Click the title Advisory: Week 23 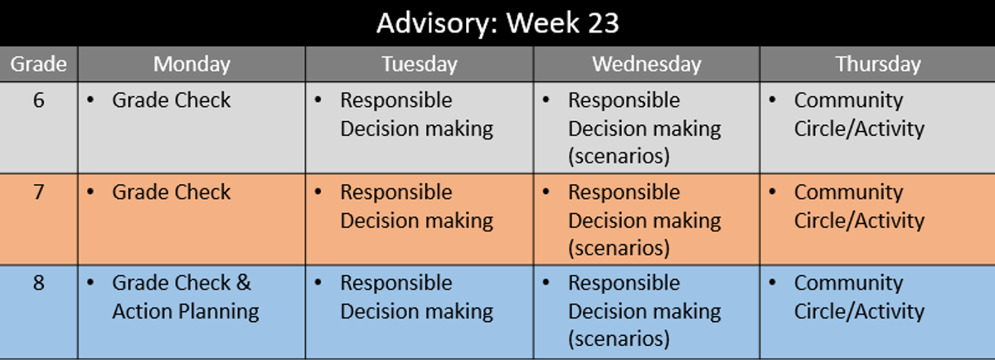(498, 23)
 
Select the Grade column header (39, 64)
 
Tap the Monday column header (192, 65)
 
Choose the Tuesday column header (420, 65)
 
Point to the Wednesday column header (647, 65)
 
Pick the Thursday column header (878, 65)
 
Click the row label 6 (39, 100)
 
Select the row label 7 (39, 192)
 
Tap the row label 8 (39, 283)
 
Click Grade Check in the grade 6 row (172, 100)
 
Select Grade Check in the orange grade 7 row (172, 192)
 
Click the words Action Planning (186, 312)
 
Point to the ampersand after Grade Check (244, 283)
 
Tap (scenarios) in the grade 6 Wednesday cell (619, 157)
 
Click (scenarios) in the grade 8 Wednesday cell (619, 339)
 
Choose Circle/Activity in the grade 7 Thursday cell (859, 221)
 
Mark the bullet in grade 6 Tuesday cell (318, 100)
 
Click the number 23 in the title (604, 23)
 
